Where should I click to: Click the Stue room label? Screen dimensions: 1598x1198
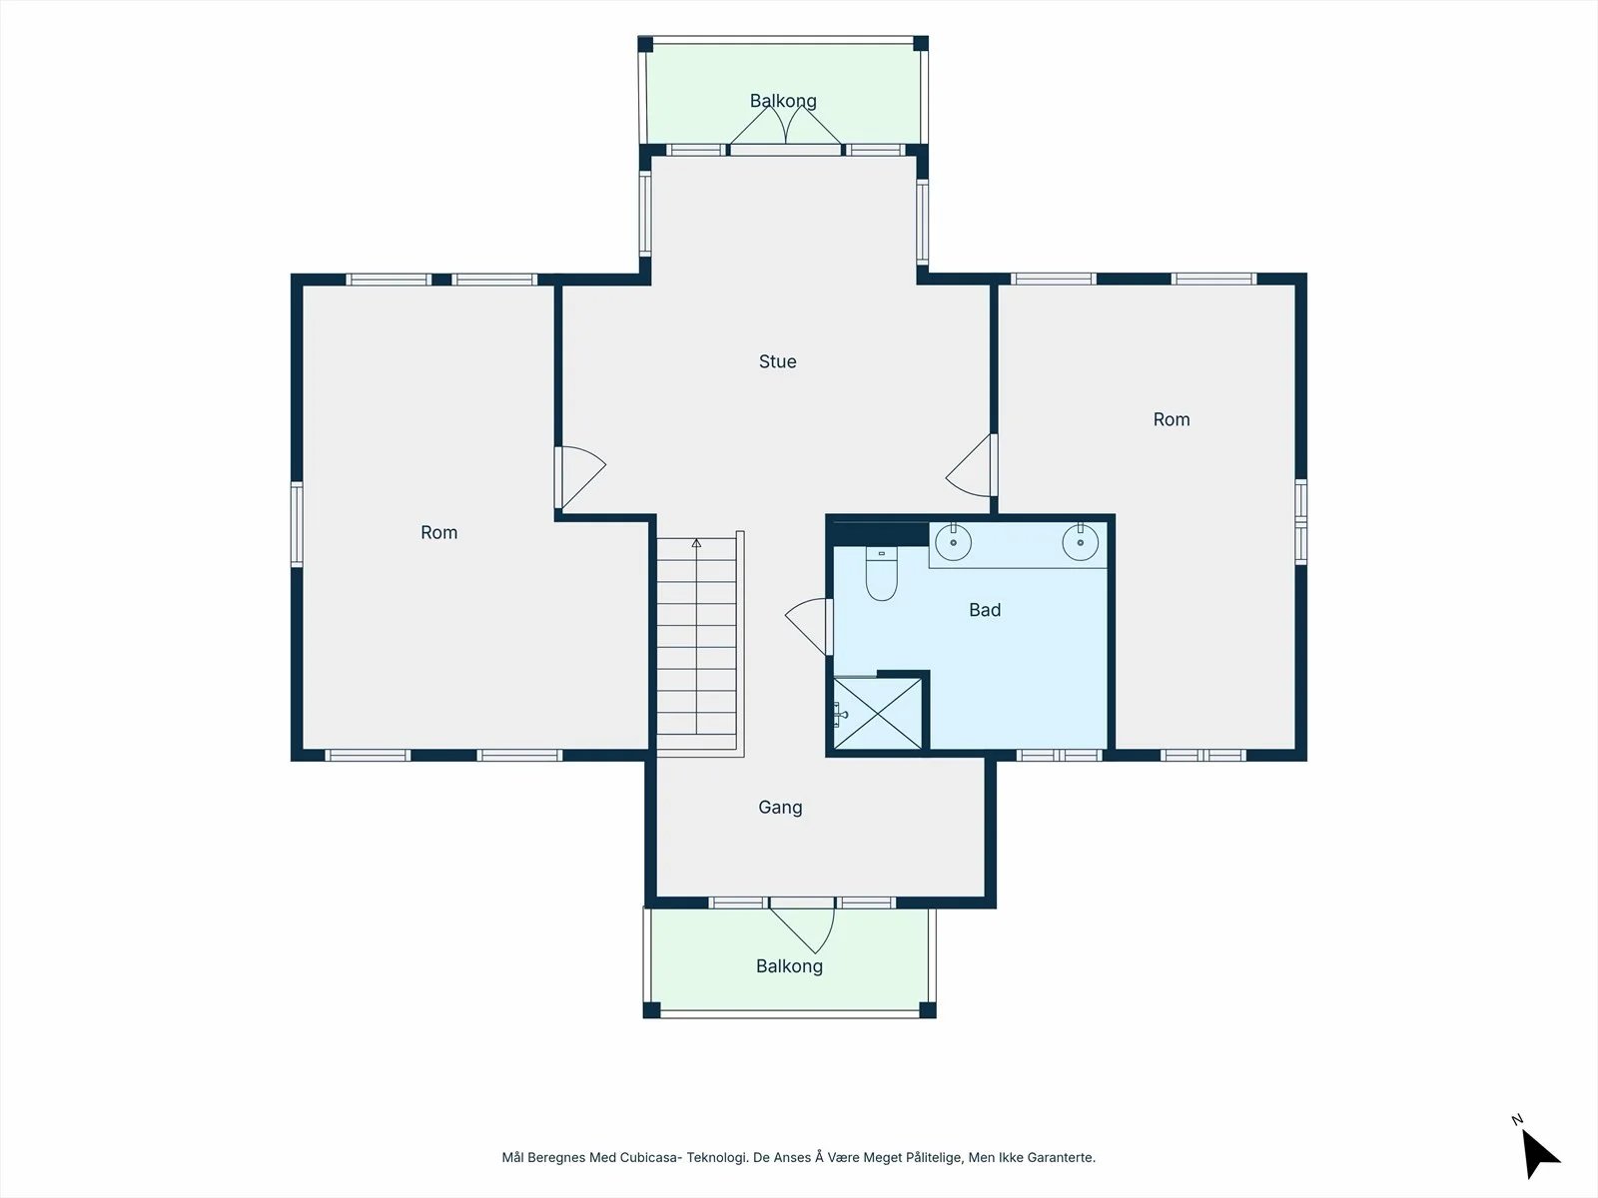tap(777, 361)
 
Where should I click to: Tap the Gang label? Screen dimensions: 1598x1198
tap(780, 808)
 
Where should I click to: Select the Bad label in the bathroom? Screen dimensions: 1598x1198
tap(985, 610)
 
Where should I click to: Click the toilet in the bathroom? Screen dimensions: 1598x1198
tap(882, 574)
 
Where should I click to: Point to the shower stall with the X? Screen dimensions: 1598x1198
tap(878, 713)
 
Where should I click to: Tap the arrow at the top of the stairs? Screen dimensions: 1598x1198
tap(697, 543)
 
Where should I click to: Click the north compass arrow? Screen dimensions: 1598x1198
tap(1539, 1153)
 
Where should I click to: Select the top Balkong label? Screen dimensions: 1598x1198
tap(783, 101)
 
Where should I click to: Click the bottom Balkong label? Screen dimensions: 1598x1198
tap(789, 966)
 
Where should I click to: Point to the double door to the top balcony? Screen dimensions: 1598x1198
tap(786, 130)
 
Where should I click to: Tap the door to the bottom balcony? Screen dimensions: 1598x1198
tap(802, 925)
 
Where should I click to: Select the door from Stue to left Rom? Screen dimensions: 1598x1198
tap(580, 477)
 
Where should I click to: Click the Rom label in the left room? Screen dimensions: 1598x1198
tap(439, 532)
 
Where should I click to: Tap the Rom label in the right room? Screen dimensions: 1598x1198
tap(1172, 419)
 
